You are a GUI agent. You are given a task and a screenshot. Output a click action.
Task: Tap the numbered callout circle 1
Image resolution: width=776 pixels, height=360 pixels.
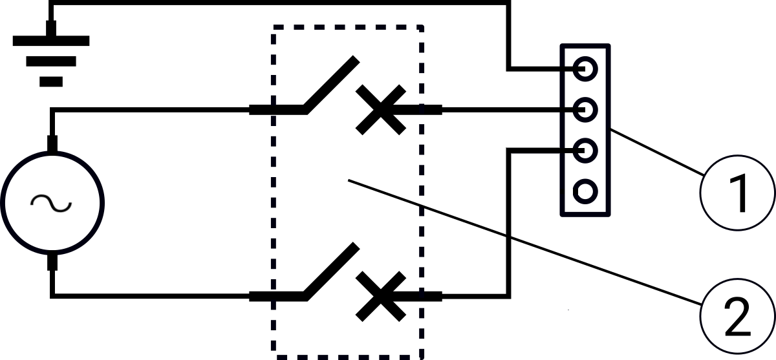click(x=737, y=192)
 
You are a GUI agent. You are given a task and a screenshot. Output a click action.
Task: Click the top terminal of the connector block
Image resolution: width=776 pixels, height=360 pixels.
click(x=585, y=68)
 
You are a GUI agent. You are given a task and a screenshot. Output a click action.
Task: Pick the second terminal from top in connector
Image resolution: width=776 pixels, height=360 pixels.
click(x=585, y=109)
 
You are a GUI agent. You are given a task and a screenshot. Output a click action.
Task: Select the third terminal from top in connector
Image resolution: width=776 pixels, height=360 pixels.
click(x=585, y=151)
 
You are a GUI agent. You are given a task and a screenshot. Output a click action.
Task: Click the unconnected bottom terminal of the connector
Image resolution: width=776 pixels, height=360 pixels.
click(x=585, y=191)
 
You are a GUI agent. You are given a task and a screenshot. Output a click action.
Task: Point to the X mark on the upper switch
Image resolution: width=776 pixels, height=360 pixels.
click(x=381, y=110)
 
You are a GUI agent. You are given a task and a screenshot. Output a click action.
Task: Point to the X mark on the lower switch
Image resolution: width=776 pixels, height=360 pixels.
click(x=381, y=296)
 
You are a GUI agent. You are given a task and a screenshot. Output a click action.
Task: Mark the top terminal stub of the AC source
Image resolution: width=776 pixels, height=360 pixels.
click(x=52, y=143)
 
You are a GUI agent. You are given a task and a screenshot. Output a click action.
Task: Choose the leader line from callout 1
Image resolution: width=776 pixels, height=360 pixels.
click(x=656, y=152)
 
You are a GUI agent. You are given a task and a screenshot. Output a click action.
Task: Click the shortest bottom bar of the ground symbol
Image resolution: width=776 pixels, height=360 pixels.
click(x=51, y=82)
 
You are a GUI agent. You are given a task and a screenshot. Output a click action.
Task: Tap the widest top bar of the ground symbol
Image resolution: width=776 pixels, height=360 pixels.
click(x=51, y=40)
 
